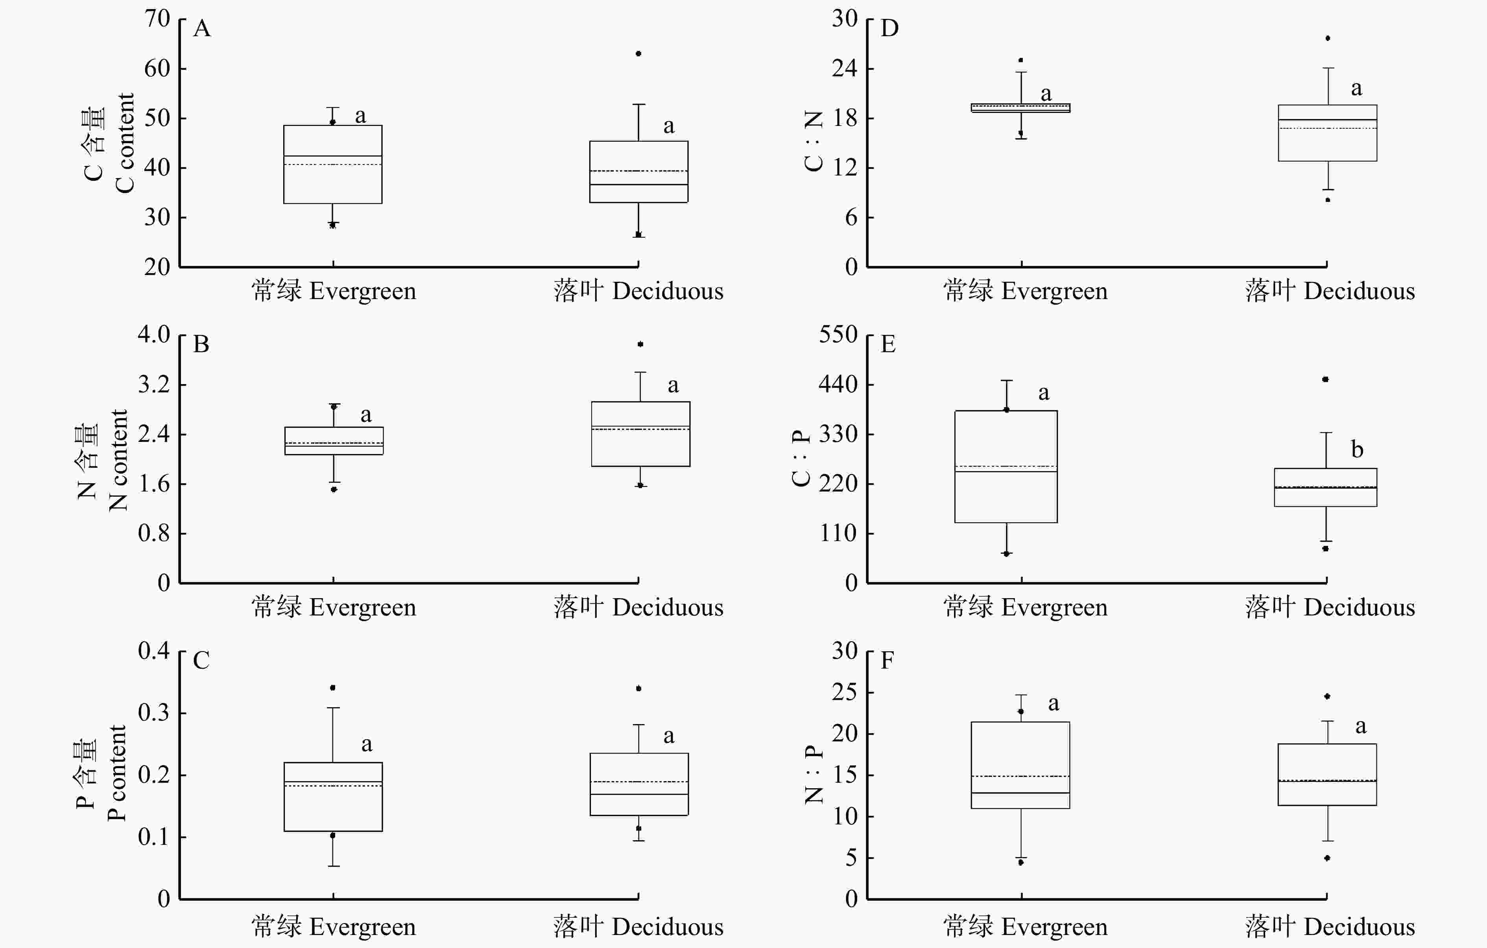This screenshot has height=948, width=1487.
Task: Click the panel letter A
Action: click(x=202, y=28)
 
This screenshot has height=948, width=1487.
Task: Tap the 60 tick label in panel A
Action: click(x=157, y=68)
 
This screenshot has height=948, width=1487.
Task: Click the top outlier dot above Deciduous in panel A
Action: click(x=638, y=54)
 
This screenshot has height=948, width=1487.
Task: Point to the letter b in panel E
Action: click(x=1357, y=450)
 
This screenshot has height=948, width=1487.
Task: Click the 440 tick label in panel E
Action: click(x=838, y=384)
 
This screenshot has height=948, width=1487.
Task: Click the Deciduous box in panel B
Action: click(x=640, y=434)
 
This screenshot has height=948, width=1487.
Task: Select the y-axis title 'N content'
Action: click(x=118, y=460)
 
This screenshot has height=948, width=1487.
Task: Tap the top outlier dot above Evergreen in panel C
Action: click(x=333, y=687)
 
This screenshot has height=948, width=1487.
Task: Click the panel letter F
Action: click(x=887, y=661)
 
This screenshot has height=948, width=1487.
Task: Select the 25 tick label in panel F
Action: click(x=844, y=692)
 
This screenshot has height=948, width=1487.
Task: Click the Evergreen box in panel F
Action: click(x=1020, y=765)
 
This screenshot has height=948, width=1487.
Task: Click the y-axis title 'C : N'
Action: click(x=813, y=141)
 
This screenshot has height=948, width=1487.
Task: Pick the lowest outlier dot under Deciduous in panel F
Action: click(x=1327, y=858)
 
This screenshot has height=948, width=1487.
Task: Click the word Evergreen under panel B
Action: click(x=362, y=608)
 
